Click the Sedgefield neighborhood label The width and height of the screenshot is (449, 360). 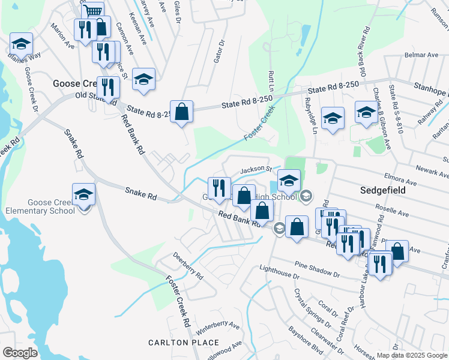point(383,190)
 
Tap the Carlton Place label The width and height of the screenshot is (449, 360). point(184,343)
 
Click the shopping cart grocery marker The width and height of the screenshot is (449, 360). point(92,11)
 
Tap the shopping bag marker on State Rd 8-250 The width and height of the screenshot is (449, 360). point(181,112)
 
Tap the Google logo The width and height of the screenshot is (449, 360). point(20,352)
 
